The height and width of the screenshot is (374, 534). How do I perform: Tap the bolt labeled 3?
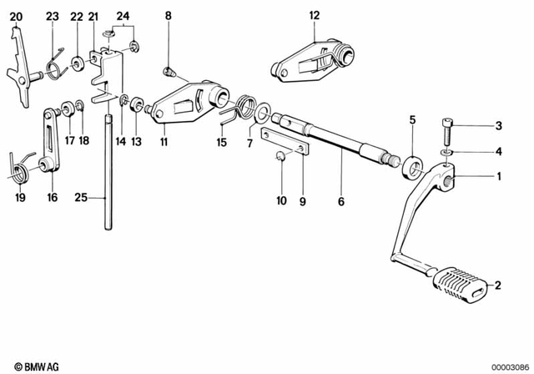[447, 130]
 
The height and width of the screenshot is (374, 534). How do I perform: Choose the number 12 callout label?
[314, 15]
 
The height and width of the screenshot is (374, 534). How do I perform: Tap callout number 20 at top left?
[17, 16]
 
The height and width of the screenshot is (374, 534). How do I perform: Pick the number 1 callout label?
[499, 176]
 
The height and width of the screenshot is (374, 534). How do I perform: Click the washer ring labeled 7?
[262, 111]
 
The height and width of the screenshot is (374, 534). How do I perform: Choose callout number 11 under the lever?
[164, 142]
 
